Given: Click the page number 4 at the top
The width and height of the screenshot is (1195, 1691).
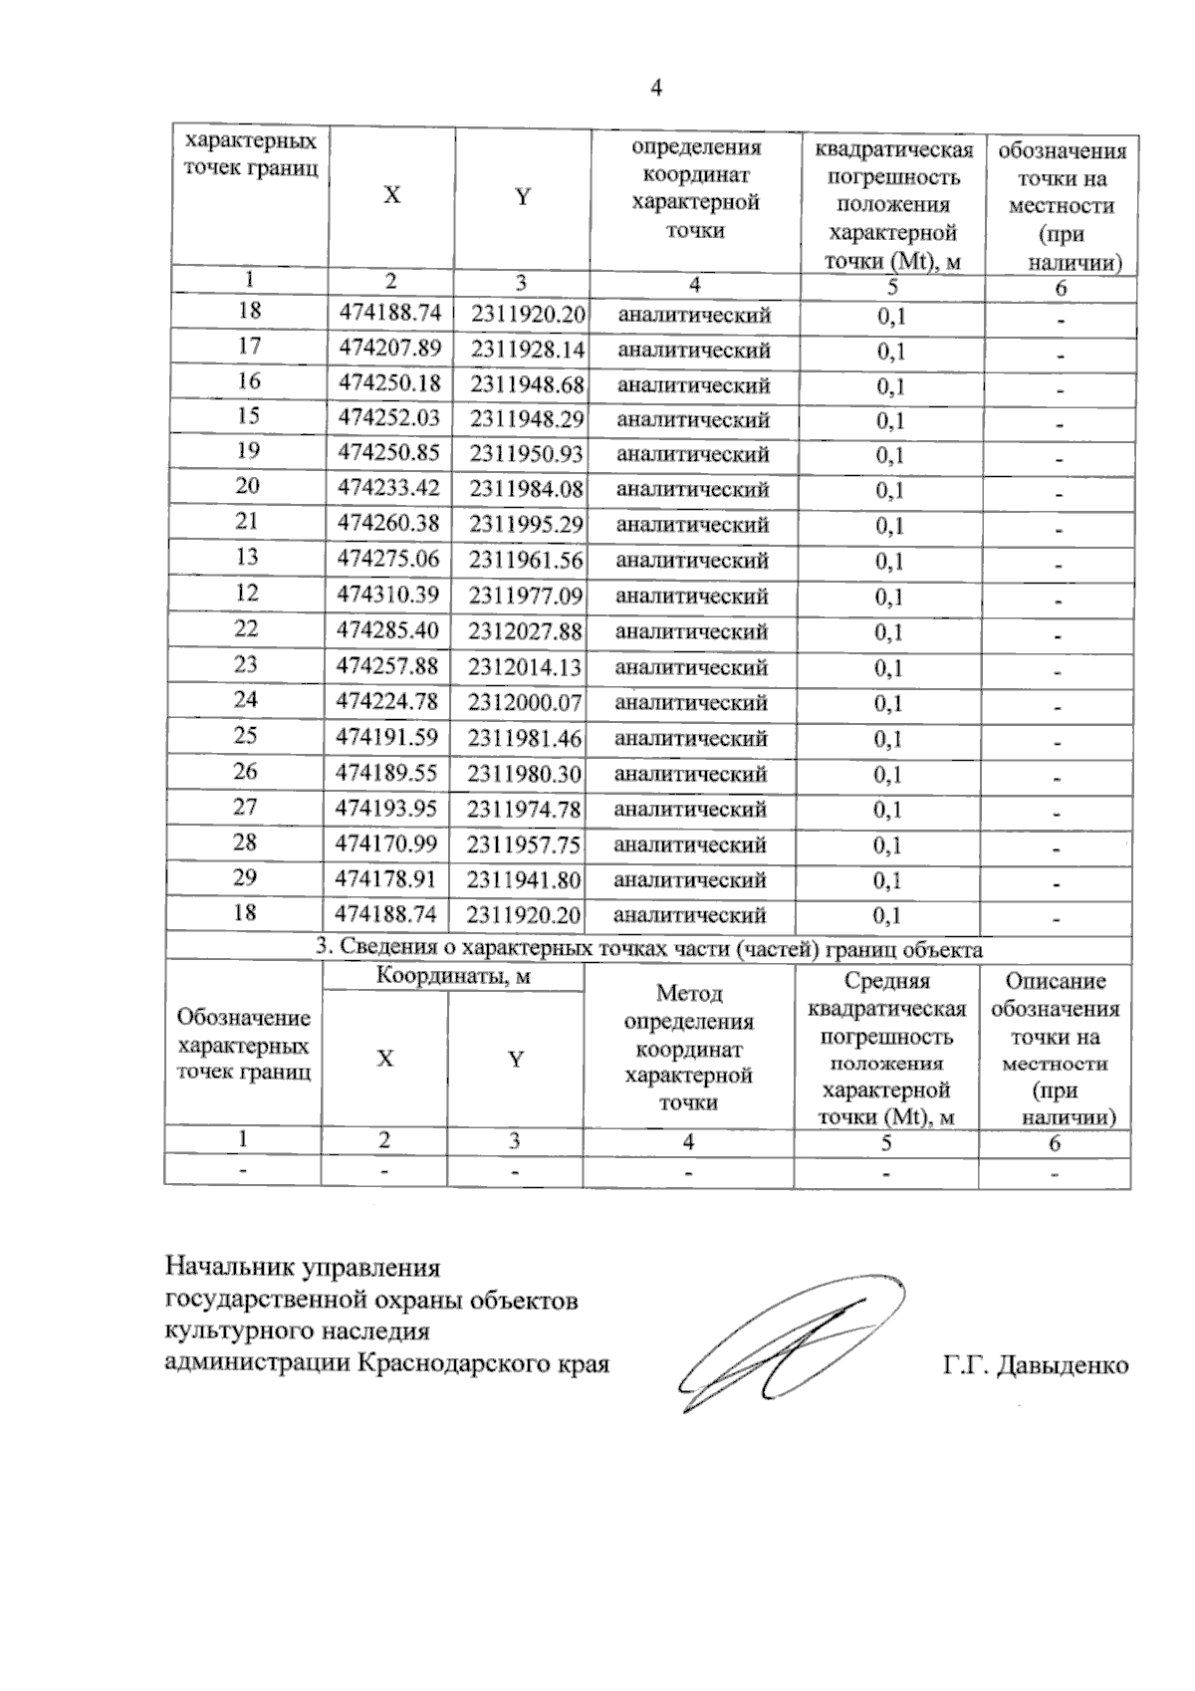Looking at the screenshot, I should coord(655,89).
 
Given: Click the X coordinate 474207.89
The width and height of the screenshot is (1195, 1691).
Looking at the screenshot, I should coord(389,348).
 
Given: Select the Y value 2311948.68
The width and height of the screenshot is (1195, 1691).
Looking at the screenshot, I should coord(527,383).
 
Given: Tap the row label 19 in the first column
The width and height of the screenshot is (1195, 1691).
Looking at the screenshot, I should coord(248,451).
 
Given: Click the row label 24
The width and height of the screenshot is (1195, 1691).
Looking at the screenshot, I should coord(246,700).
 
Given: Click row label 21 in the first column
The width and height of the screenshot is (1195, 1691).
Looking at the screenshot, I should coord(247,522).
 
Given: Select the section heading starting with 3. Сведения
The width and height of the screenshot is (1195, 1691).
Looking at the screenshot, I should coord(648,948).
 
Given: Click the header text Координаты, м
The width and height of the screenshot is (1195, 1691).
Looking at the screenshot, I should coord(453,977).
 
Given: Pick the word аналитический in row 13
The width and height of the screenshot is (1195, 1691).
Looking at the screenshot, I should coord(693,561).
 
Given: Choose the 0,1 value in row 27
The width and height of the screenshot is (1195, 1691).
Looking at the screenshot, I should coord(887,810).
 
